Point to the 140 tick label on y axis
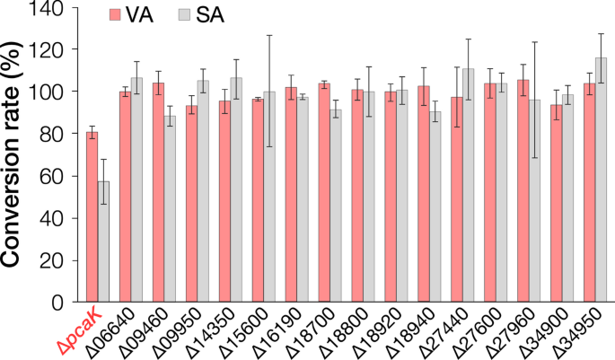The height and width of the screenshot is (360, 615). point(57,8)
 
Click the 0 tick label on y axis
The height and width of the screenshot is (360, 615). point(67,303)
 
